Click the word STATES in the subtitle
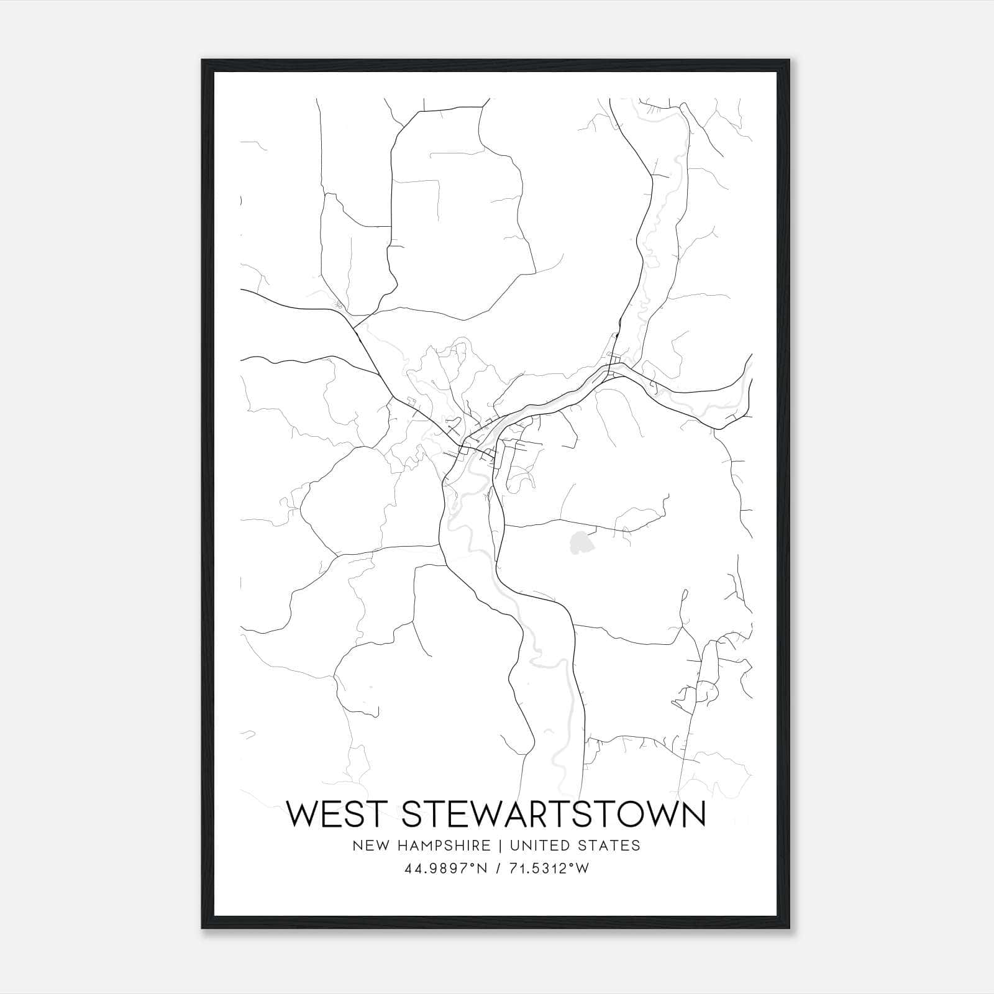coord(609,845)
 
